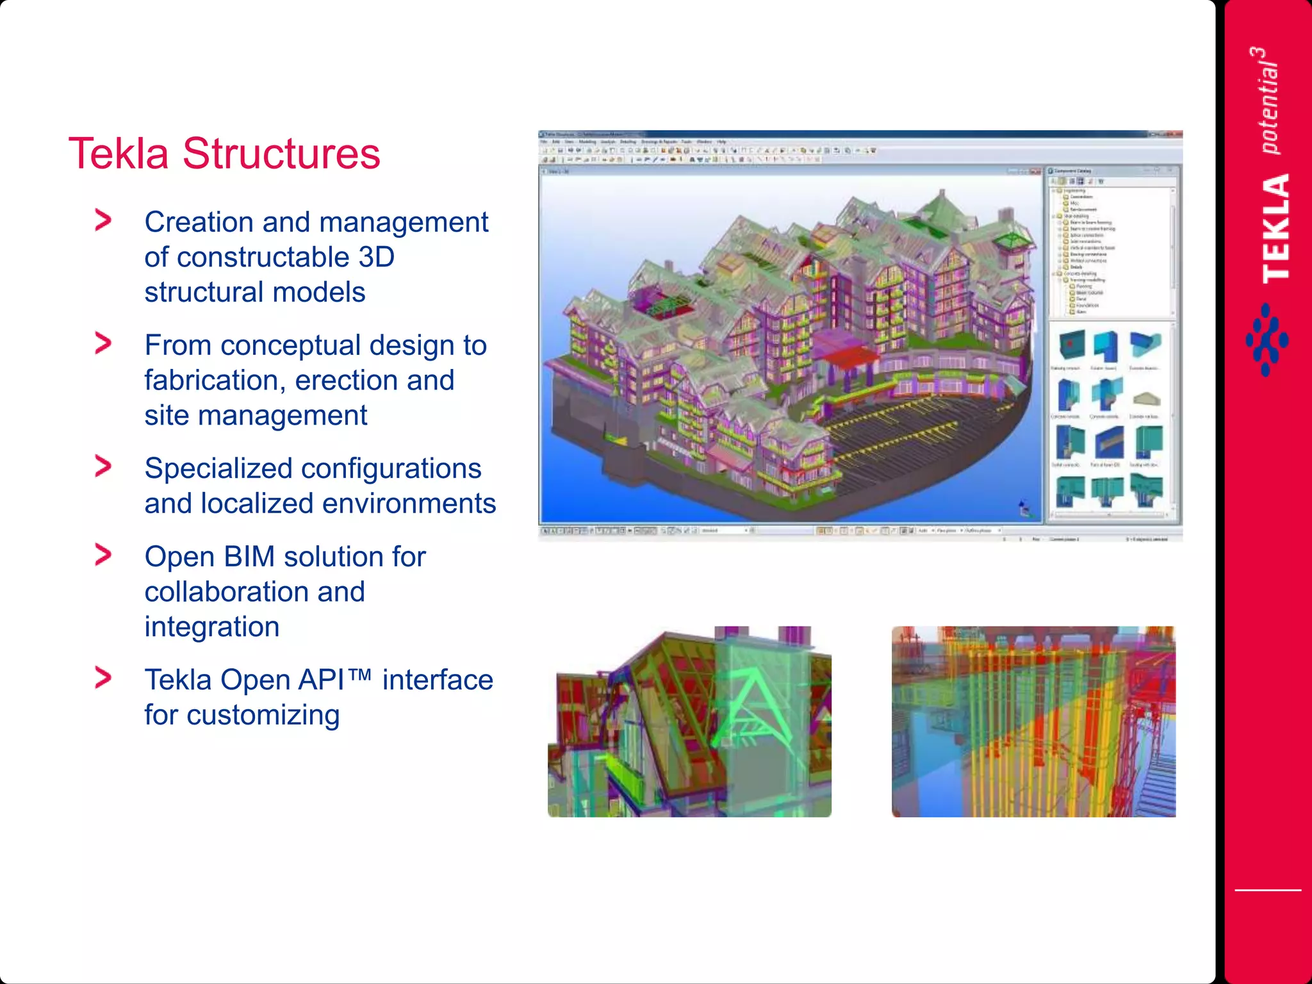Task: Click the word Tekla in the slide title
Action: click(x=119, y=154)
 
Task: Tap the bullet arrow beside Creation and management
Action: click(x=103, y=220)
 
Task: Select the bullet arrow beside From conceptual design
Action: click(x=103, y=343)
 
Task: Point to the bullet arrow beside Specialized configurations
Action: click(x=103, y=466)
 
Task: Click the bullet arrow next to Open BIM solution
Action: click(x=103, y=555)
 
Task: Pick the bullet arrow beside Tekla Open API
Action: click(x=103, y=678)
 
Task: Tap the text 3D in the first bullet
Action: click(x=376, y=258)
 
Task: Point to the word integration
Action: click(x=212, y=627)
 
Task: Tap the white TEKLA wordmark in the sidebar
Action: click(x=1275, y=228)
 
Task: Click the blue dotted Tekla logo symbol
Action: click(x=1267, y=340)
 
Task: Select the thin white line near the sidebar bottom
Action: click(x=1268, y=890)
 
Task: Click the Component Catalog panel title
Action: click(x=1072, y=171)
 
